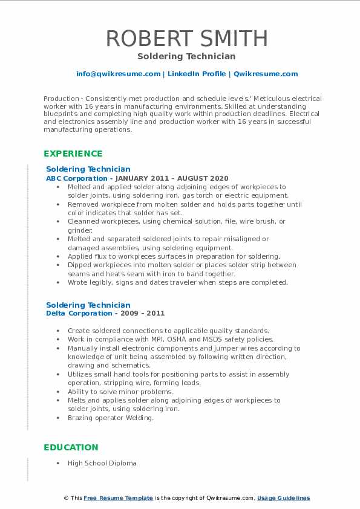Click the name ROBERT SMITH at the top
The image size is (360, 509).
coord(186,39)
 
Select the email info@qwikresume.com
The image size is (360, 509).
coord(118,74)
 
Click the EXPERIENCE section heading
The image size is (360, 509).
coord(73,154)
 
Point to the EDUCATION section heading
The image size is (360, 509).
coord(71,447)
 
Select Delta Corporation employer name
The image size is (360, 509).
coord(79,313)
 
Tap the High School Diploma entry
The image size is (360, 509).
coord(102,463)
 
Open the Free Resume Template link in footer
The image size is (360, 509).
coord(118,498)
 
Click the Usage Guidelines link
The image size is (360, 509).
coord(283,498)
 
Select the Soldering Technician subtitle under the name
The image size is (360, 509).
coord(186,56)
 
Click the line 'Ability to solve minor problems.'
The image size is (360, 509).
coord(120,392)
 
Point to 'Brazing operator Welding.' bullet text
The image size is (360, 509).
coord(110,418)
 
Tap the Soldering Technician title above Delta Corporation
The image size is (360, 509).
coord(88,305)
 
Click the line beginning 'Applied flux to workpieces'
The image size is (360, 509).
coord(174,256)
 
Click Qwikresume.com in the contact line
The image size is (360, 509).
coord(266,74)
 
